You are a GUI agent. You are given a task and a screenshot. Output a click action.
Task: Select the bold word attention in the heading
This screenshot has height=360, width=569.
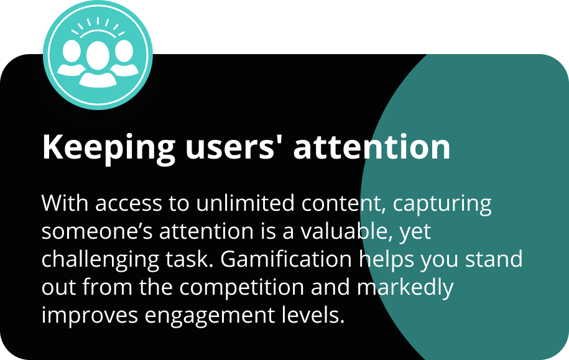coord(372,146)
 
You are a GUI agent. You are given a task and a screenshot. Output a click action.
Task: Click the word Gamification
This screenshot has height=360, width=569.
coord(286,259)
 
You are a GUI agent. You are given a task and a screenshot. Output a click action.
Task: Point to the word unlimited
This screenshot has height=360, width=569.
coord(245,203)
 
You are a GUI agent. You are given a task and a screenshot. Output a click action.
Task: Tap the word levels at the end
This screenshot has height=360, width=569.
coord(313,315)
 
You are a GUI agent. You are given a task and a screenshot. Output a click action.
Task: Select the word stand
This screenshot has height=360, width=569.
coord(494,259)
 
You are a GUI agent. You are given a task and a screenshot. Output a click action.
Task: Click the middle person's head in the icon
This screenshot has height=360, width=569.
coord(98,55)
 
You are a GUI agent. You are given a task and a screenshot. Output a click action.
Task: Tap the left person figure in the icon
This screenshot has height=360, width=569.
coord(71,58)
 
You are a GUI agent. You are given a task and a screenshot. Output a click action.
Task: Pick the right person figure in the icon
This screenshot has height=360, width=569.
coord(124,58)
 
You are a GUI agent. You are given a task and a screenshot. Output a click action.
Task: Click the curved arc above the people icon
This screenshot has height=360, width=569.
coord(98,31)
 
